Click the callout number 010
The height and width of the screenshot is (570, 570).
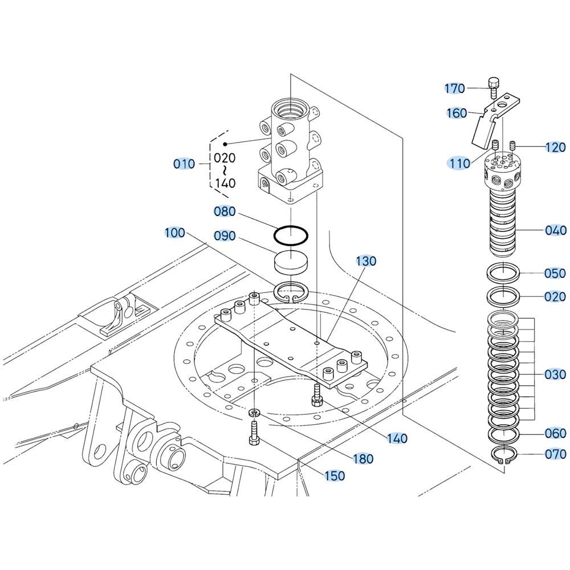tap(184, 164)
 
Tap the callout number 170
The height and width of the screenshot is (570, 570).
tap(455, 88)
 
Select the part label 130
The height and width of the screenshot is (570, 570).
tap(366, 260)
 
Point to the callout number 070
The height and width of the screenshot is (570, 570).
tap(555, 454)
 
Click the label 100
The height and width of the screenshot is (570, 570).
tap(175, 233)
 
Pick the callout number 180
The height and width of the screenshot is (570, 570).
tap(363, 458)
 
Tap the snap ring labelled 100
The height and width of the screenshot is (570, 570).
tap(291, 292)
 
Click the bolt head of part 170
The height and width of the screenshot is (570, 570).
tap(493, 83)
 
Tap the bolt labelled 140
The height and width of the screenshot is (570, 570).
tap(316, 394)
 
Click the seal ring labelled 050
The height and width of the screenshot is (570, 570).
tap(503, 274)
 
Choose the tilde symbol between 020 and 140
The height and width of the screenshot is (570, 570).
tap(225, 170)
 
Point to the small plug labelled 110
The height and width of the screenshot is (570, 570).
tap(495, 145)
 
